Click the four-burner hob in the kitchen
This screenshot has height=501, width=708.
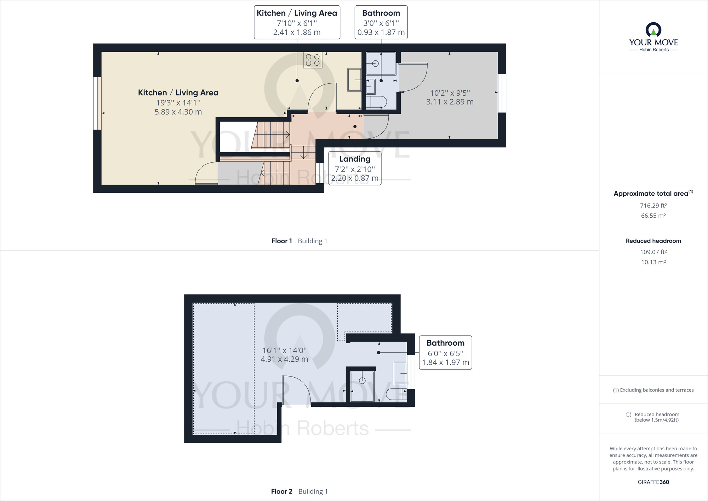click(x=313, y=60)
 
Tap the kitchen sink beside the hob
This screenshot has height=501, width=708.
click(x=354, y=80)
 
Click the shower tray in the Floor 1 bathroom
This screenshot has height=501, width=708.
click(x=381, y=63)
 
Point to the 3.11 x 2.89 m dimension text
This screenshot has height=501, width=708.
click(x=450, y=102)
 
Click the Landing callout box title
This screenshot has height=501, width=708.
click(x=355, y=159)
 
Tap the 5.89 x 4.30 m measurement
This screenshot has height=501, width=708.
click(x=178, y=112)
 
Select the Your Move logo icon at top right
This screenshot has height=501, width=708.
click(x=653, y=30)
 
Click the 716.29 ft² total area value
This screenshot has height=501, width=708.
click(x=653, y=206)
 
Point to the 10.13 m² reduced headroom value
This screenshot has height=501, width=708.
click(x=653, y=262)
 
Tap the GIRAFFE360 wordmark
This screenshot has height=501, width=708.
click(x=653, y=482)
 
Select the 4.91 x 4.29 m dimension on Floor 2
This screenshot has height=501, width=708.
click(x=284, y=359)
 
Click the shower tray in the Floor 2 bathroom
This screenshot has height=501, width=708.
click(x=362, y=386)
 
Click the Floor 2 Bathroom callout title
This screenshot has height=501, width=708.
click(x=445, y=343)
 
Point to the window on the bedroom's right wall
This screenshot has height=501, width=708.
click(x=502, y=93)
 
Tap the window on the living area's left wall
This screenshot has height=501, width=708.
click(x=97, y=103)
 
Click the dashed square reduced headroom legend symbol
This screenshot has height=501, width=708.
click(x=629, y=414)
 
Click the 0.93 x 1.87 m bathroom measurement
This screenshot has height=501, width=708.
click(x=381, y=32)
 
